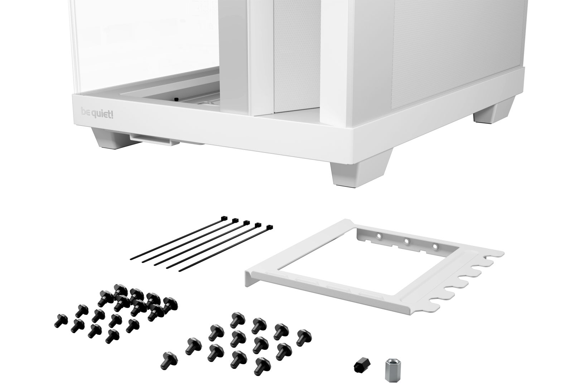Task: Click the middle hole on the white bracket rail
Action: pyautogui.click(x=406, y=241)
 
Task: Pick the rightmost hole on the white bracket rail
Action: pyautogui.click(x=435, y=246)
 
